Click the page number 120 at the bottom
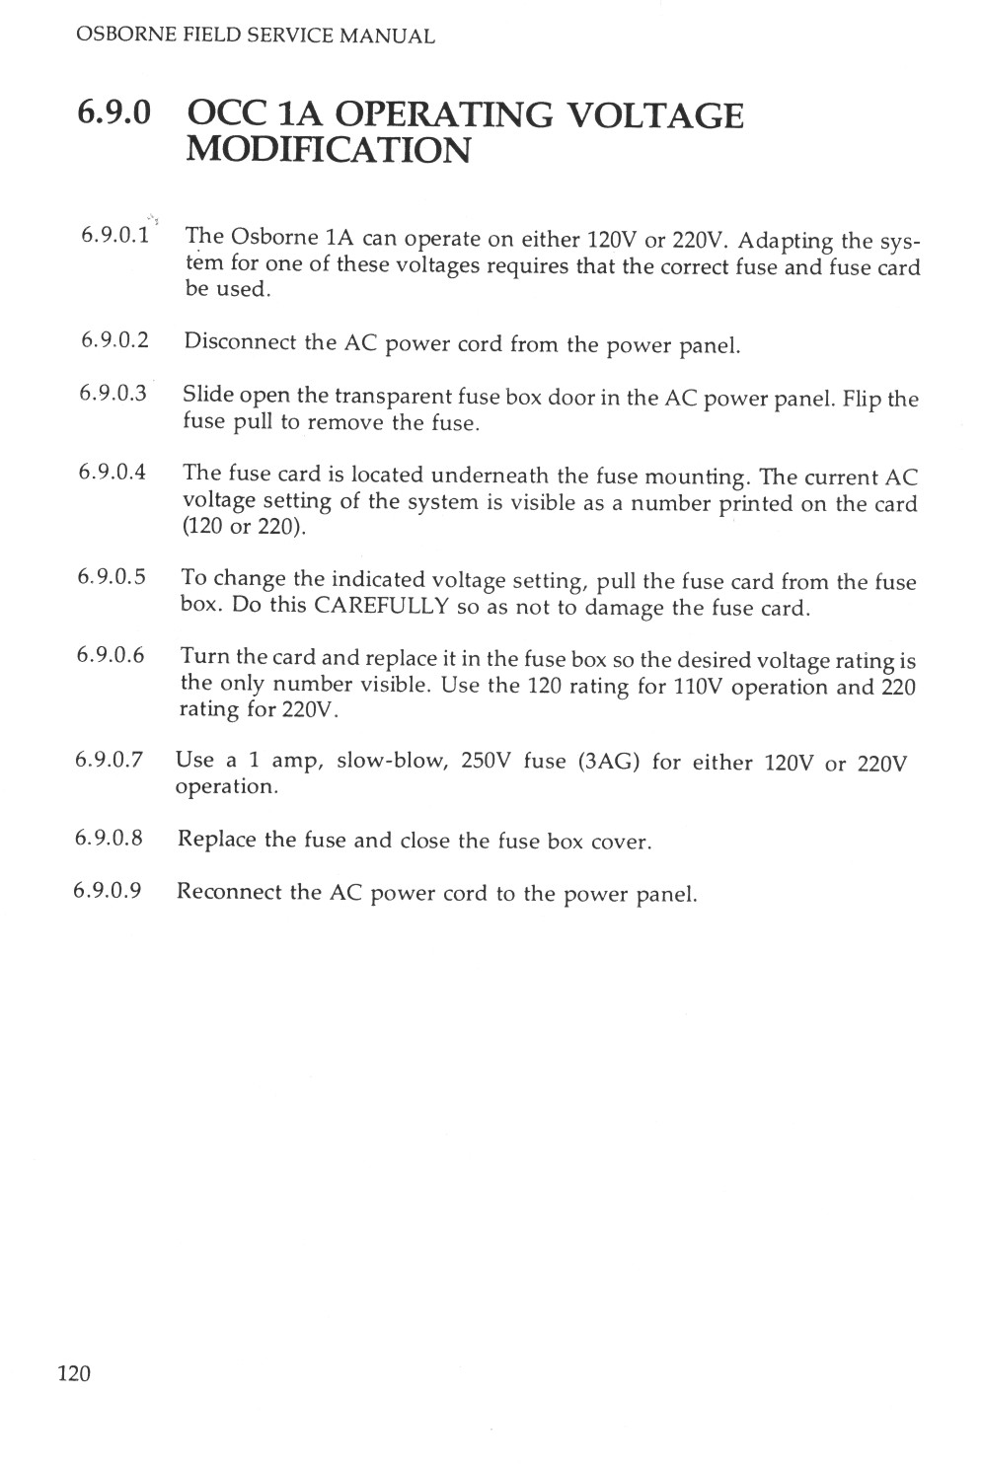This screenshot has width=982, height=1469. pos(74,1372)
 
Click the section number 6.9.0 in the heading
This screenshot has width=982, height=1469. pos(114,114)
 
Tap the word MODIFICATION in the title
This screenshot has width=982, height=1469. pos(328,151)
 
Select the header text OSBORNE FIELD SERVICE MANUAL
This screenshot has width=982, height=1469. pos(255,37)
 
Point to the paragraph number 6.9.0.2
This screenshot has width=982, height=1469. pos(113,340)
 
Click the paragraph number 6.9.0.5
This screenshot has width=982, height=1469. pos(112,576)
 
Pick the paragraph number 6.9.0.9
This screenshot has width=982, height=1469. pos(108,891)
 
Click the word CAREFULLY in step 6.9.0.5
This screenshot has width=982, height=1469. pos(381,605)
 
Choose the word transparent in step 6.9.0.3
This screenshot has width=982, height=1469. pos(393,397)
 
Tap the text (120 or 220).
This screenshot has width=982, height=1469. pos(245,527)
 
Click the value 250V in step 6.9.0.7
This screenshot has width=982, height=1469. pos(484,761)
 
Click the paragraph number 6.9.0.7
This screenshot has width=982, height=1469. pos(109,760)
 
